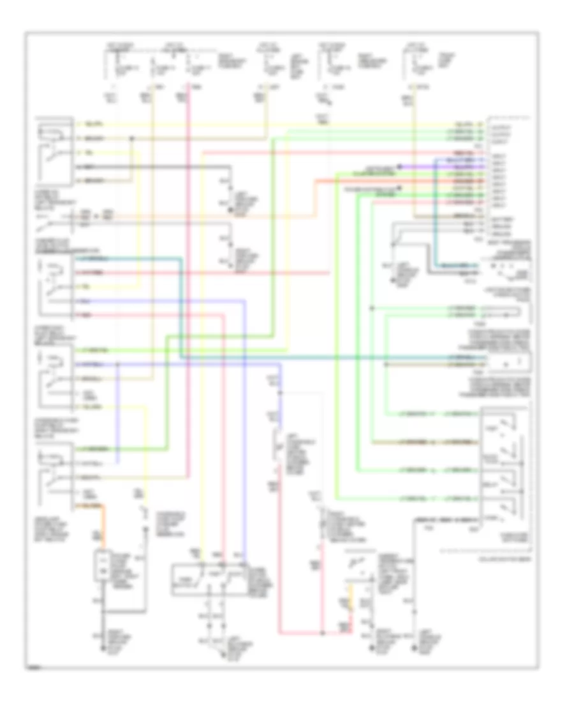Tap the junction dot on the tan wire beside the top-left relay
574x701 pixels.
click(132, 138)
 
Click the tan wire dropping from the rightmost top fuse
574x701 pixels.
click(415, 159)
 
